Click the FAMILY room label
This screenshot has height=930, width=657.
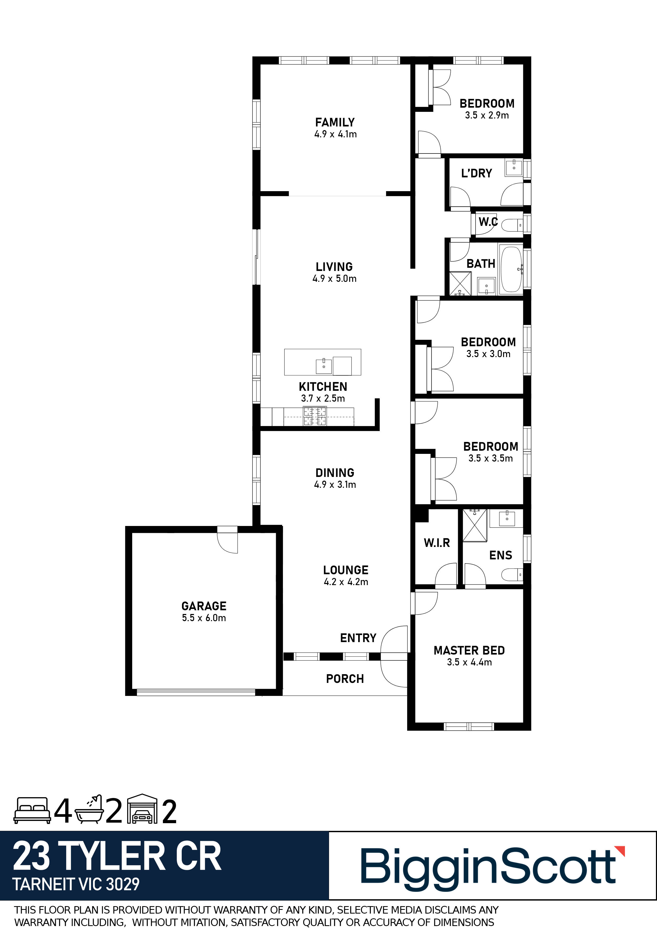pyautogui.click(x=335, y=122)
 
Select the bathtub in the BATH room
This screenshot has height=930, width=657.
pyautogui.click(x=512, y=269)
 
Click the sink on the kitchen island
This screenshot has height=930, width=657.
pyautogui.click(x=324, y=366)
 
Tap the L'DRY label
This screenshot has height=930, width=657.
pyautogui.click(x=476, y=173)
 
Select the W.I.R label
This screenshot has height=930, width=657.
pyautogui.click(x=437, y=543)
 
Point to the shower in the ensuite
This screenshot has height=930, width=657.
pyautogui.click(x=475, y=525)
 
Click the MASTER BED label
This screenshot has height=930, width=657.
pyautogui.click(x=469, y=651)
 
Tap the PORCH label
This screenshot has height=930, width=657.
pyautogui.click(x=345, y=679)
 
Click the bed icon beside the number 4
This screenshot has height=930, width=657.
pyautogui.click(x=32, y=810)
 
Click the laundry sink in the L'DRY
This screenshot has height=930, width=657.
pyautogui.click(x=514, y=167)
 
